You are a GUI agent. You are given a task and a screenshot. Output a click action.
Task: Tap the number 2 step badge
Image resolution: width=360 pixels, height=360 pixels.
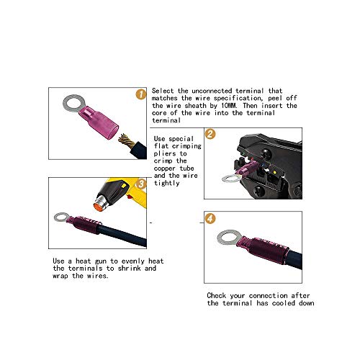[x=210, y=134]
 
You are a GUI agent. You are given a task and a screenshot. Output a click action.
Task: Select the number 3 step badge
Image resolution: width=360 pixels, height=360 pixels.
[x=141, y=184]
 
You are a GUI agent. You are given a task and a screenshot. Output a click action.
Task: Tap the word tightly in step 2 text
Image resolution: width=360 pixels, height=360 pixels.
[x=167, y=183]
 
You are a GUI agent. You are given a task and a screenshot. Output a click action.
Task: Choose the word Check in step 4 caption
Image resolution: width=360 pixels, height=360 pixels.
[x=219, y=296]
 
